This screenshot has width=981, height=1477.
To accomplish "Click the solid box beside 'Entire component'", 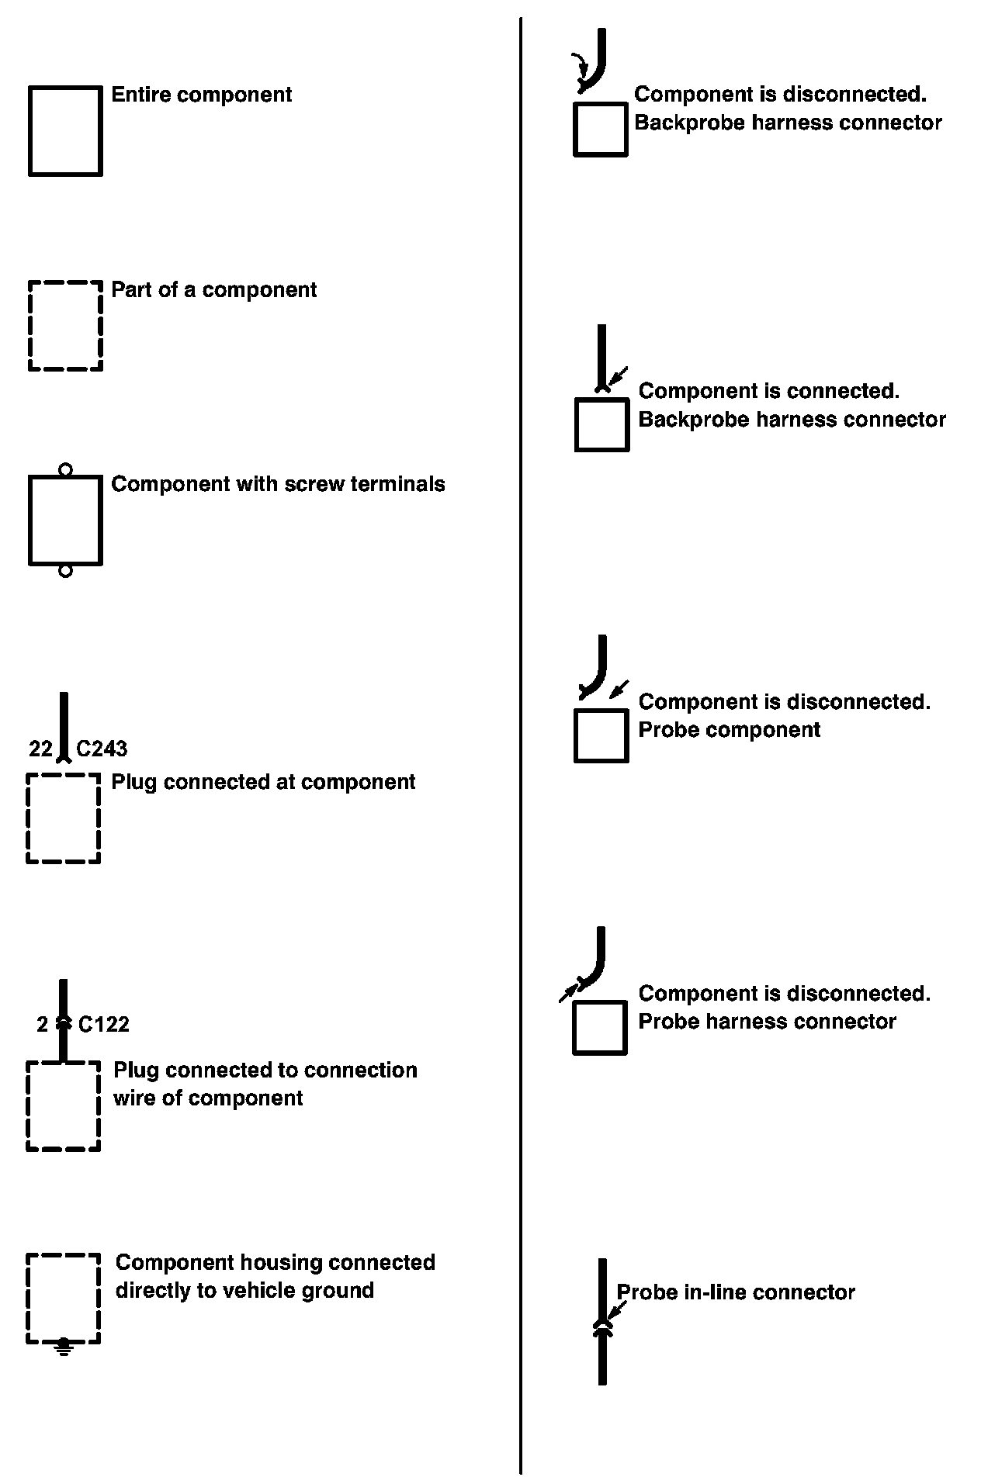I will (65, 130).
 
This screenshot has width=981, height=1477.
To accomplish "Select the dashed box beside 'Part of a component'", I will (65, 326).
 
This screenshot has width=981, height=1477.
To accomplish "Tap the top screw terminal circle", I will (65, 469).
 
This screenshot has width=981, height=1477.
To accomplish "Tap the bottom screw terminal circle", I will (65, 571).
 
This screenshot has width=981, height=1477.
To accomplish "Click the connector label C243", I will (102, 749).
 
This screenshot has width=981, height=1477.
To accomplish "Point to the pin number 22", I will (40, 749).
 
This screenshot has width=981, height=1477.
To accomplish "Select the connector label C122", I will (104, 1025).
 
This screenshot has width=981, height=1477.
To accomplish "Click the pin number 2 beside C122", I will (42, 1025).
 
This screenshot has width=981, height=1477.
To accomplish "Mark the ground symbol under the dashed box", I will (64, 1351).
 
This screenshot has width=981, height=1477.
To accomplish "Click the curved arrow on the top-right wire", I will (579, 65).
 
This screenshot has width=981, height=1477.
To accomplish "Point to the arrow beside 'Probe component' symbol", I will (619, 689).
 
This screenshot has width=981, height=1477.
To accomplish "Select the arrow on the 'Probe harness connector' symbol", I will (570, 991).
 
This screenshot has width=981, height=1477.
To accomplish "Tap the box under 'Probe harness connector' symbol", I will (600, 1028).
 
